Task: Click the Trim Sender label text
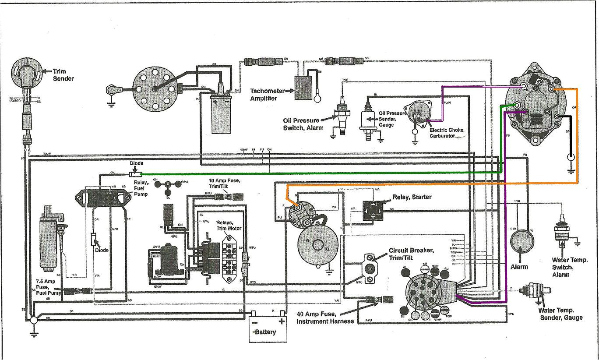[x=63, y=75]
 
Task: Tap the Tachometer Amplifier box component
[x=303, y=88]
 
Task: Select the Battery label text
[x=266, y=332]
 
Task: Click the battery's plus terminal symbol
[x=281, y=321]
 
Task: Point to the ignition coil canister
[x=221, y=112]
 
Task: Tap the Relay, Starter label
[x=412, y=197]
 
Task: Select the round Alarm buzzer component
[x=522, y=241]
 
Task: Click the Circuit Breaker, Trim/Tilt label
[x=411, y=254]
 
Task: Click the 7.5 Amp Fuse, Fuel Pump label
[x=48, y=286]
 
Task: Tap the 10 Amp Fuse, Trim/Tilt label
[x=224, y=184]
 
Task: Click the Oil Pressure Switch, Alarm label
[x=303, y=124]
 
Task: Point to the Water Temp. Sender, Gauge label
[x=561, y=314]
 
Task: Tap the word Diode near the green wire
[x=137, y=163]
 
